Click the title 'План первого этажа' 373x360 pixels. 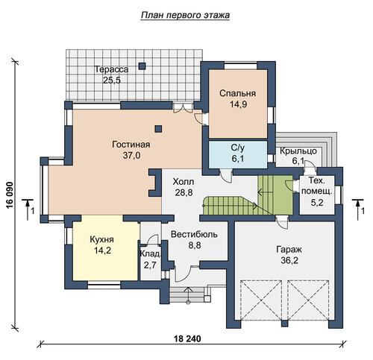[185, 16]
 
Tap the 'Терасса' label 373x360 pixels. [111, 69]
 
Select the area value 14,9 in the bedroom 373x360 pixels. [238, 104]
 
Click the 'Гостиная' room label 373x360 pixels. [131, 145]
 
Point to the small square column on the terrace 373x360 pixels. [142, 66]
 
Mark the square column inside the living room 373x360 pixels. [158, 129]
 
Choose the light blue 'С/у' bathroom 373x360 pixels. [238, 154]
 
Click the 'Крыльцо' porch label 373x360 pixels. [298, 151]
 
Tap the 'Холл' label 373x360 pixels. [184, 182]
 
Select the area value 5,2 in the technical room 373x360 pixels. [317, 203]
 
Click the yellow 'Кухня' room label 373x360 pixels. [101, 239]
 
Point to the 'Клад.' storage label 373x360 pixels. [151, 254]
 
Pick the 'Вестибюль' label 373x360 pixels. [194, 234]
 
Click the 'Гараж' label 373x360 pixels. [289, 249]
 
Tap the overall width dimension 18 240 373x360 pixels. [187, 338]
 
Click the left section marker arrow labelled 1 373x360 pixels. [28, 209]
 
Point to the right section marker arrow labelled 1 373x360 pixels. [357, 209]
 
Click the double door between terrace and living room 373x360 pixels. [183, 108]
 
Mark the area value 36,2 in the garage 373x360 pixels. [289, 261]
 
